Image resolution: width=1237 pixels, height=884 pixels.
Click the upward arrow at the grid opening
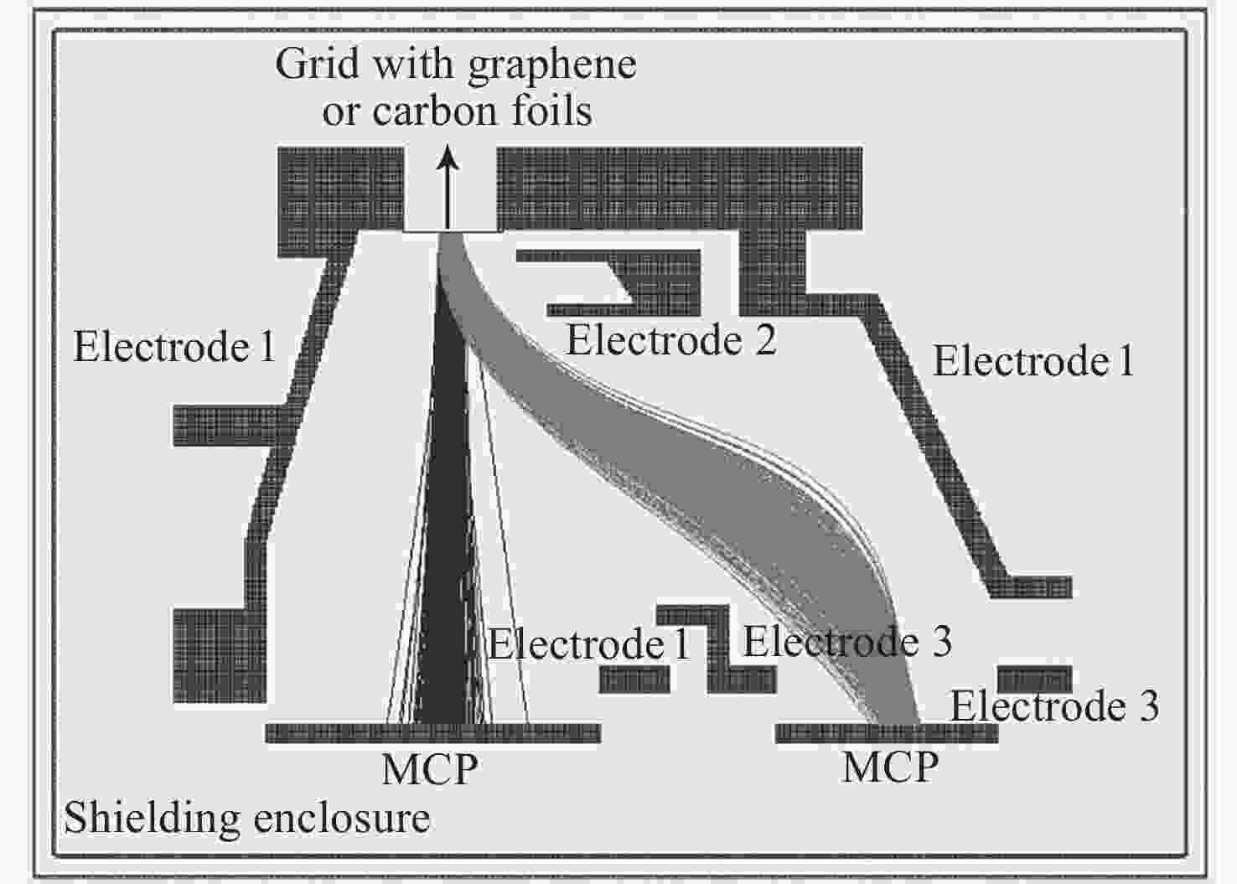(448, 188)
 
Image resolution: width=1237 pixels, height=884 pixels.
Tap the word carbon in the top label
(436, 111)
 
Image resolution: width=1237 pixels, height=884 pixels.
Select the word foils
(552, 110)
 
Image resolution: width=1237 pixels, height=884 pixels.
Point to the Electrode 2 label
(672, 341)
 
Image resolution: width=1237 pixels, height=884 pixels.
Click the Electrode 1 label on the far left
(174, 347)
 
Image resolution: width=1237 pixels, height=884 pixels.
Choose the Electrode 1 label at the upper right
(1033, 360)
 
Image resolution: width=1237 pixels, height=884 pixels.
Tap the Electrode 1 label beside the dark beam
(589, 644)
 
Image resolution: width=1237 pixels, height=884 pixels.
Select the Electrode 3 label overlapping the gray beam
(847, 641)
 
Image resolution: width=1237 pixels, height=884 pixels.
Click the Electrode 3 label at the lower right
(1054, 706)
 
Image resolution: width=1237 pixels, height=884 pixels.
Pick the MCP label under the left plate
(430, 769)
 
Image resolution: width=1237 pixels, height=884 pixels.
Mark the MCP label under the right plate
(890, 767)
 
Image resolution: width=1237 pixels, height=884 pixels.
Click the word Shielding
(153, 819)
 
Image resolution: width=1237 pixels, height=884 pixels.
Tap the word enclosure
(342, 819)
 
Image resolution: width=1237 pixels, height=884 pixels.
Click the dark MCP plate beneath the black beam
(433, 733)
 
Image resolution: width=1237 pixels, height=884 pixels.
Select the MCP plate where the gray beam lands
(887, 733)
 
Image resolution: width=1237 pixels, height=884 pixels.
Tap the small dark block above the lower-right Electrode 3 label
(1034, 680)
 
